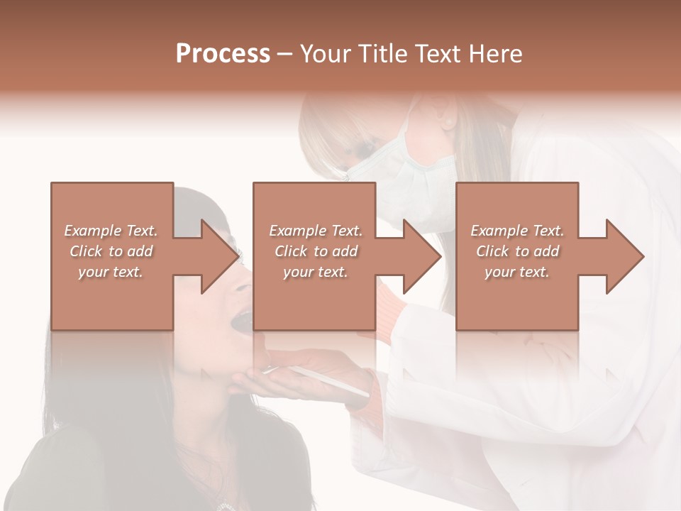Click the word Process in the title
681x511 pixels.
223,54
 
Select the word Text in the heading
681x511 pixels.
441,54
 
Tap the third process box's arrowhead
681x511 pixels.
624,256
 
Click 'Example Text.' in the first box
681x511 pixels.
111,231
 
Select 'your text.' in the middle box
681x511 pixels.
315,272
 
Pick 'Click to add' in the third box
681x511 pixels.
516,251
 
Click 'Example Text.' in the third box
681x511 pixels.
516,231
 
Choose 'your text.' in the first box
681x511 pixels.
111,272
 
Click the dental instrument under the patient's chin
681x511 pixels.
319,376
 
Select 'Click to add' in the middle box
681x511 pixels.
316,251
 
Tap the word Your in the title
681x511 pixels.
323,54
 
